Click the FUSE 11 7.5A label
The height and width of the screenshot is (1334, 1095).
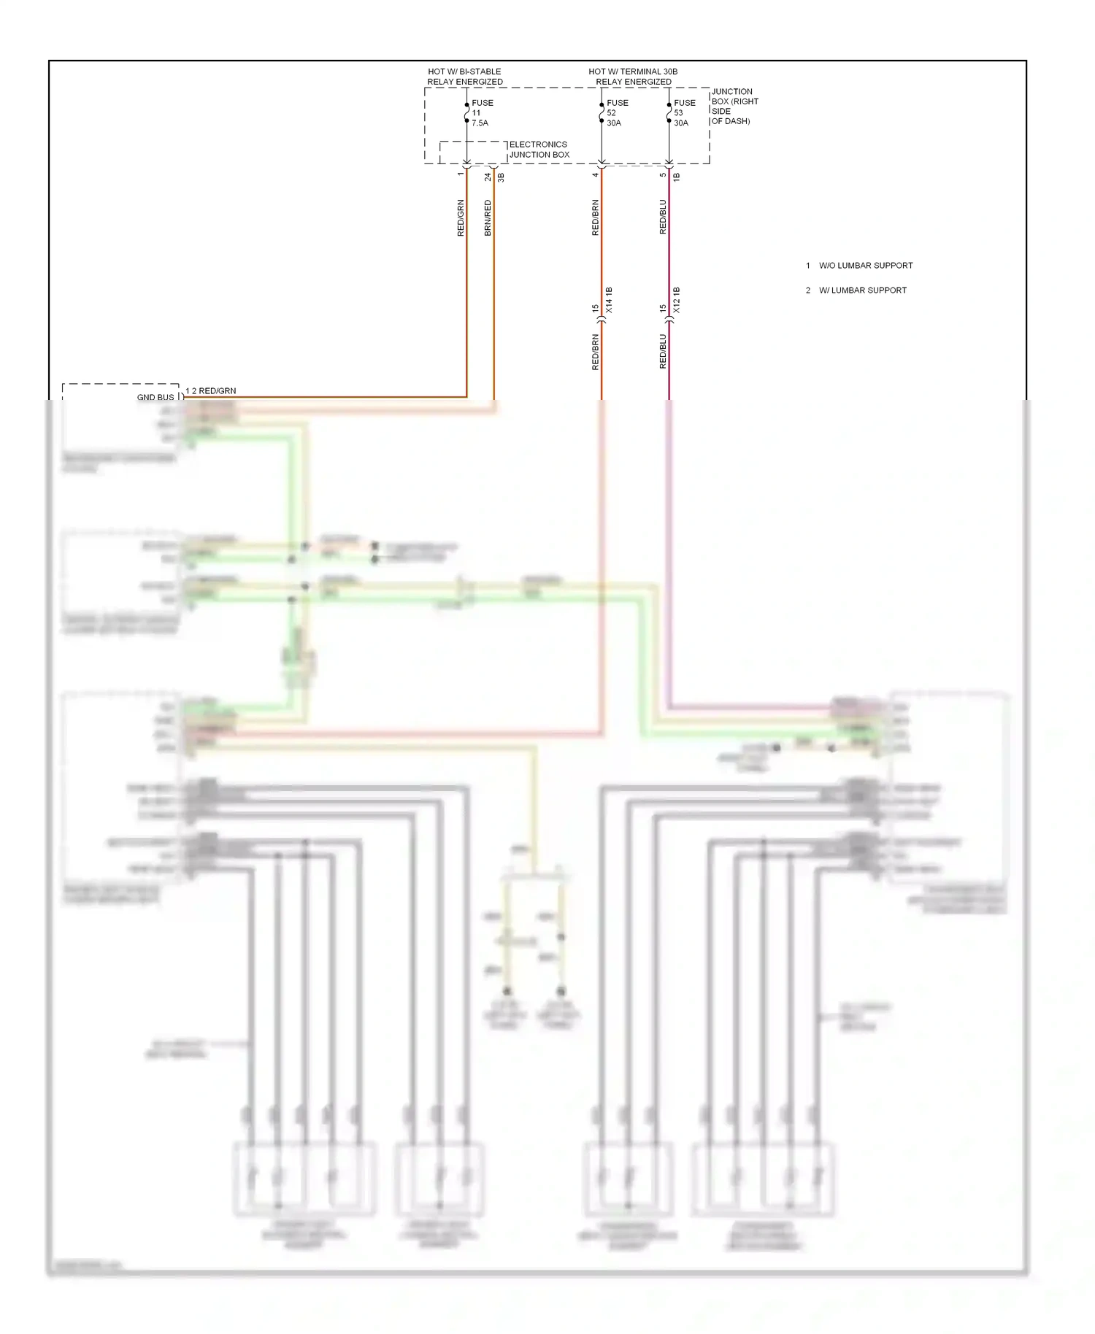coord(481,113)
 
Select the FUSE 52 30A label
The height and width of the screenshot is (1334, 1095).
coord(616,113)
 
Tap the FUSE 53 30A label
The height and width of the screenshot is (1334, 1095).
coord(683,113)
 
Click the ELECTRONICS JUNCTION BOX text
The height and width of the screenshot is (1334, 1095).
coord(539,150)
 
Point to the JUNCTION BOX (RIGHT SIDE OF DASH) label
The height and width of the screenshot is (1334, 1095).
coord(734,107)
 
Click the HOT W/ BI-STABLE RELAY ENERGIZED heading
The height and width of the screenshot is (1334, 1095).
coord(464,77)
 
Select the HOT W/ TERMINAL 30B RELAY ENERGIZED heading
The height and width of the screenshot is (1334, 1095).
coord(633,77)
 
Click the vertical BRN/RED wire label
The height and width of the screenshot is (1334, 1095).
coord(488,217)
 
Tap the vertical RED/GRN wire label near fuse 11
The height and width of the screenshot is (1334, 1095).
coord(461,217)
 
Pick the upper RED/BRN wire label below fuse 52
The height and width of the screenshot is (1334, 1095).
coord(595,217)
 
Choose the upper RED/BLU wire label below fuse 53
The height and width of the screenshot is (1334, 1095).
coord(663,217)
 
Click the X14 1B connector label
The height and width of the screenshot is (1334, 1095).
coord(609,301)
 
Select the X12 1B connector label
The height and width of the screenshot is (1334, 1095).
coord(676,301)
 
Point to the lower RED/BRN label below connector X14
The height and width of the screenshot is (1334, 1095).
coord(595,352)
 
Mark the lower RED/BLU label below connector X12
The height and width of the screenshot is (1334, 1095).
coord(663,352)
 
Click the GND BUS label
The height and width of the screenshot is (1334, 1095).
coord(155,397)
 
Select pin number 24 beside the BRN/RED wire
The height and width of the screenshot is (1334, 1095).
coord(488,177)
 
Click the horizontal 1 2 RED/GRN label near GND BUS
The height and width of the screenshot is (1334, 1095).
coord(211,391)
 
